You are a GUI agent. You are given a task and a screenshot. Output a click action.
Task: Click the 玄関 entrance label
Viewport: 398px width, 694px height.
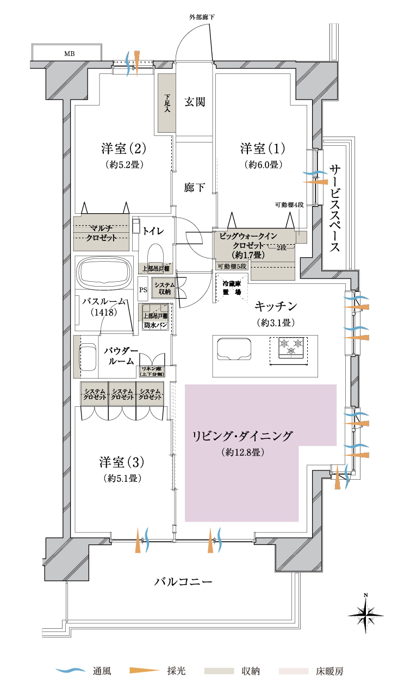194,102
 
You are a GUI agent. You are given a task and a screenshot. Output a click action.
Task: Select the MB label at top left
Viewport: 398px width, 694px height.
70,53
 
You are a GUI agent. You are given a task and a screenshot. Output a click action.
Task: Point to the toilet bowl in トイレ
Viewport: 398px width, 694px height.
156,253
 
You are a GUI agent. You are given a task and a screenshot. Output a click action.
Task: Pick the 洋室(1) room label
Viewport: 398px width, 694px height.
262,148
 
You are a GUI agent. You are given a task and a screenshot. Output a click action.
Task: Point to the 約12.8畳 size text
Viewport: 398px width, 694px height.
243,452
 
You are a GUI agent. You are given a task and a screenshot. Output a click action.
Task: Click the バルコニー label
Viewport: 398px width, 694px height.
183,581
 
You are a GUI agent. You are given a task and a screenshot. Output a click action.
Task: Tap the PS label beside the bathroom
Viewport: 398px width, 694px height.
143,290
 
